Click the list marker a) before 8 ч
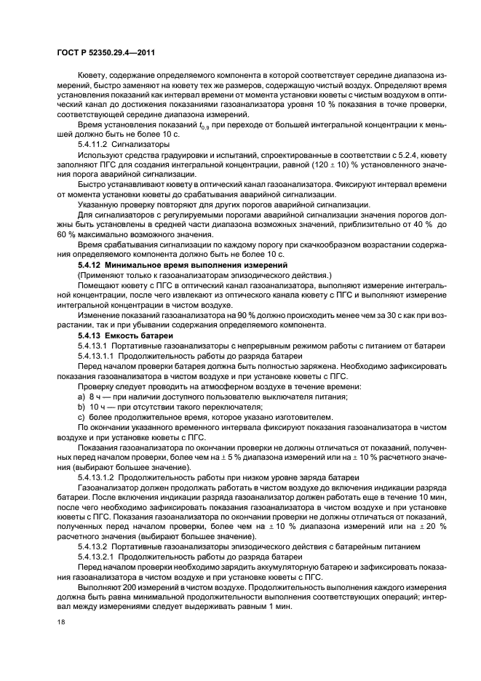(81, 398)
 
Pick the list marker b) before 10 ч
(81, 407)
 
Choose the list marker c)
(81, 417)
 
